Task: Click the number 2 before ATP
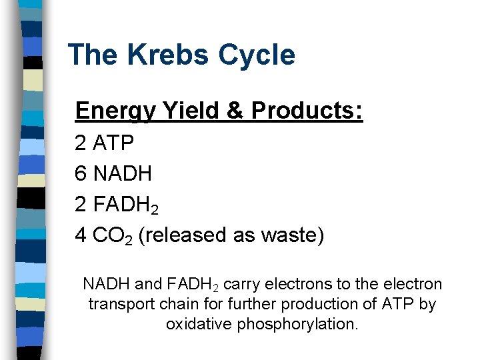[81, 143]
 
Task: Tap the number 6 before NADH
[81, 174]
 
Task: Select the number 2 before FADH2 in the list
[81, 205]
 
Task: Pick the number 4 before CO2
[81, 235]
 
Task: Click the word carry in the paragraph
[242, 285]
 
